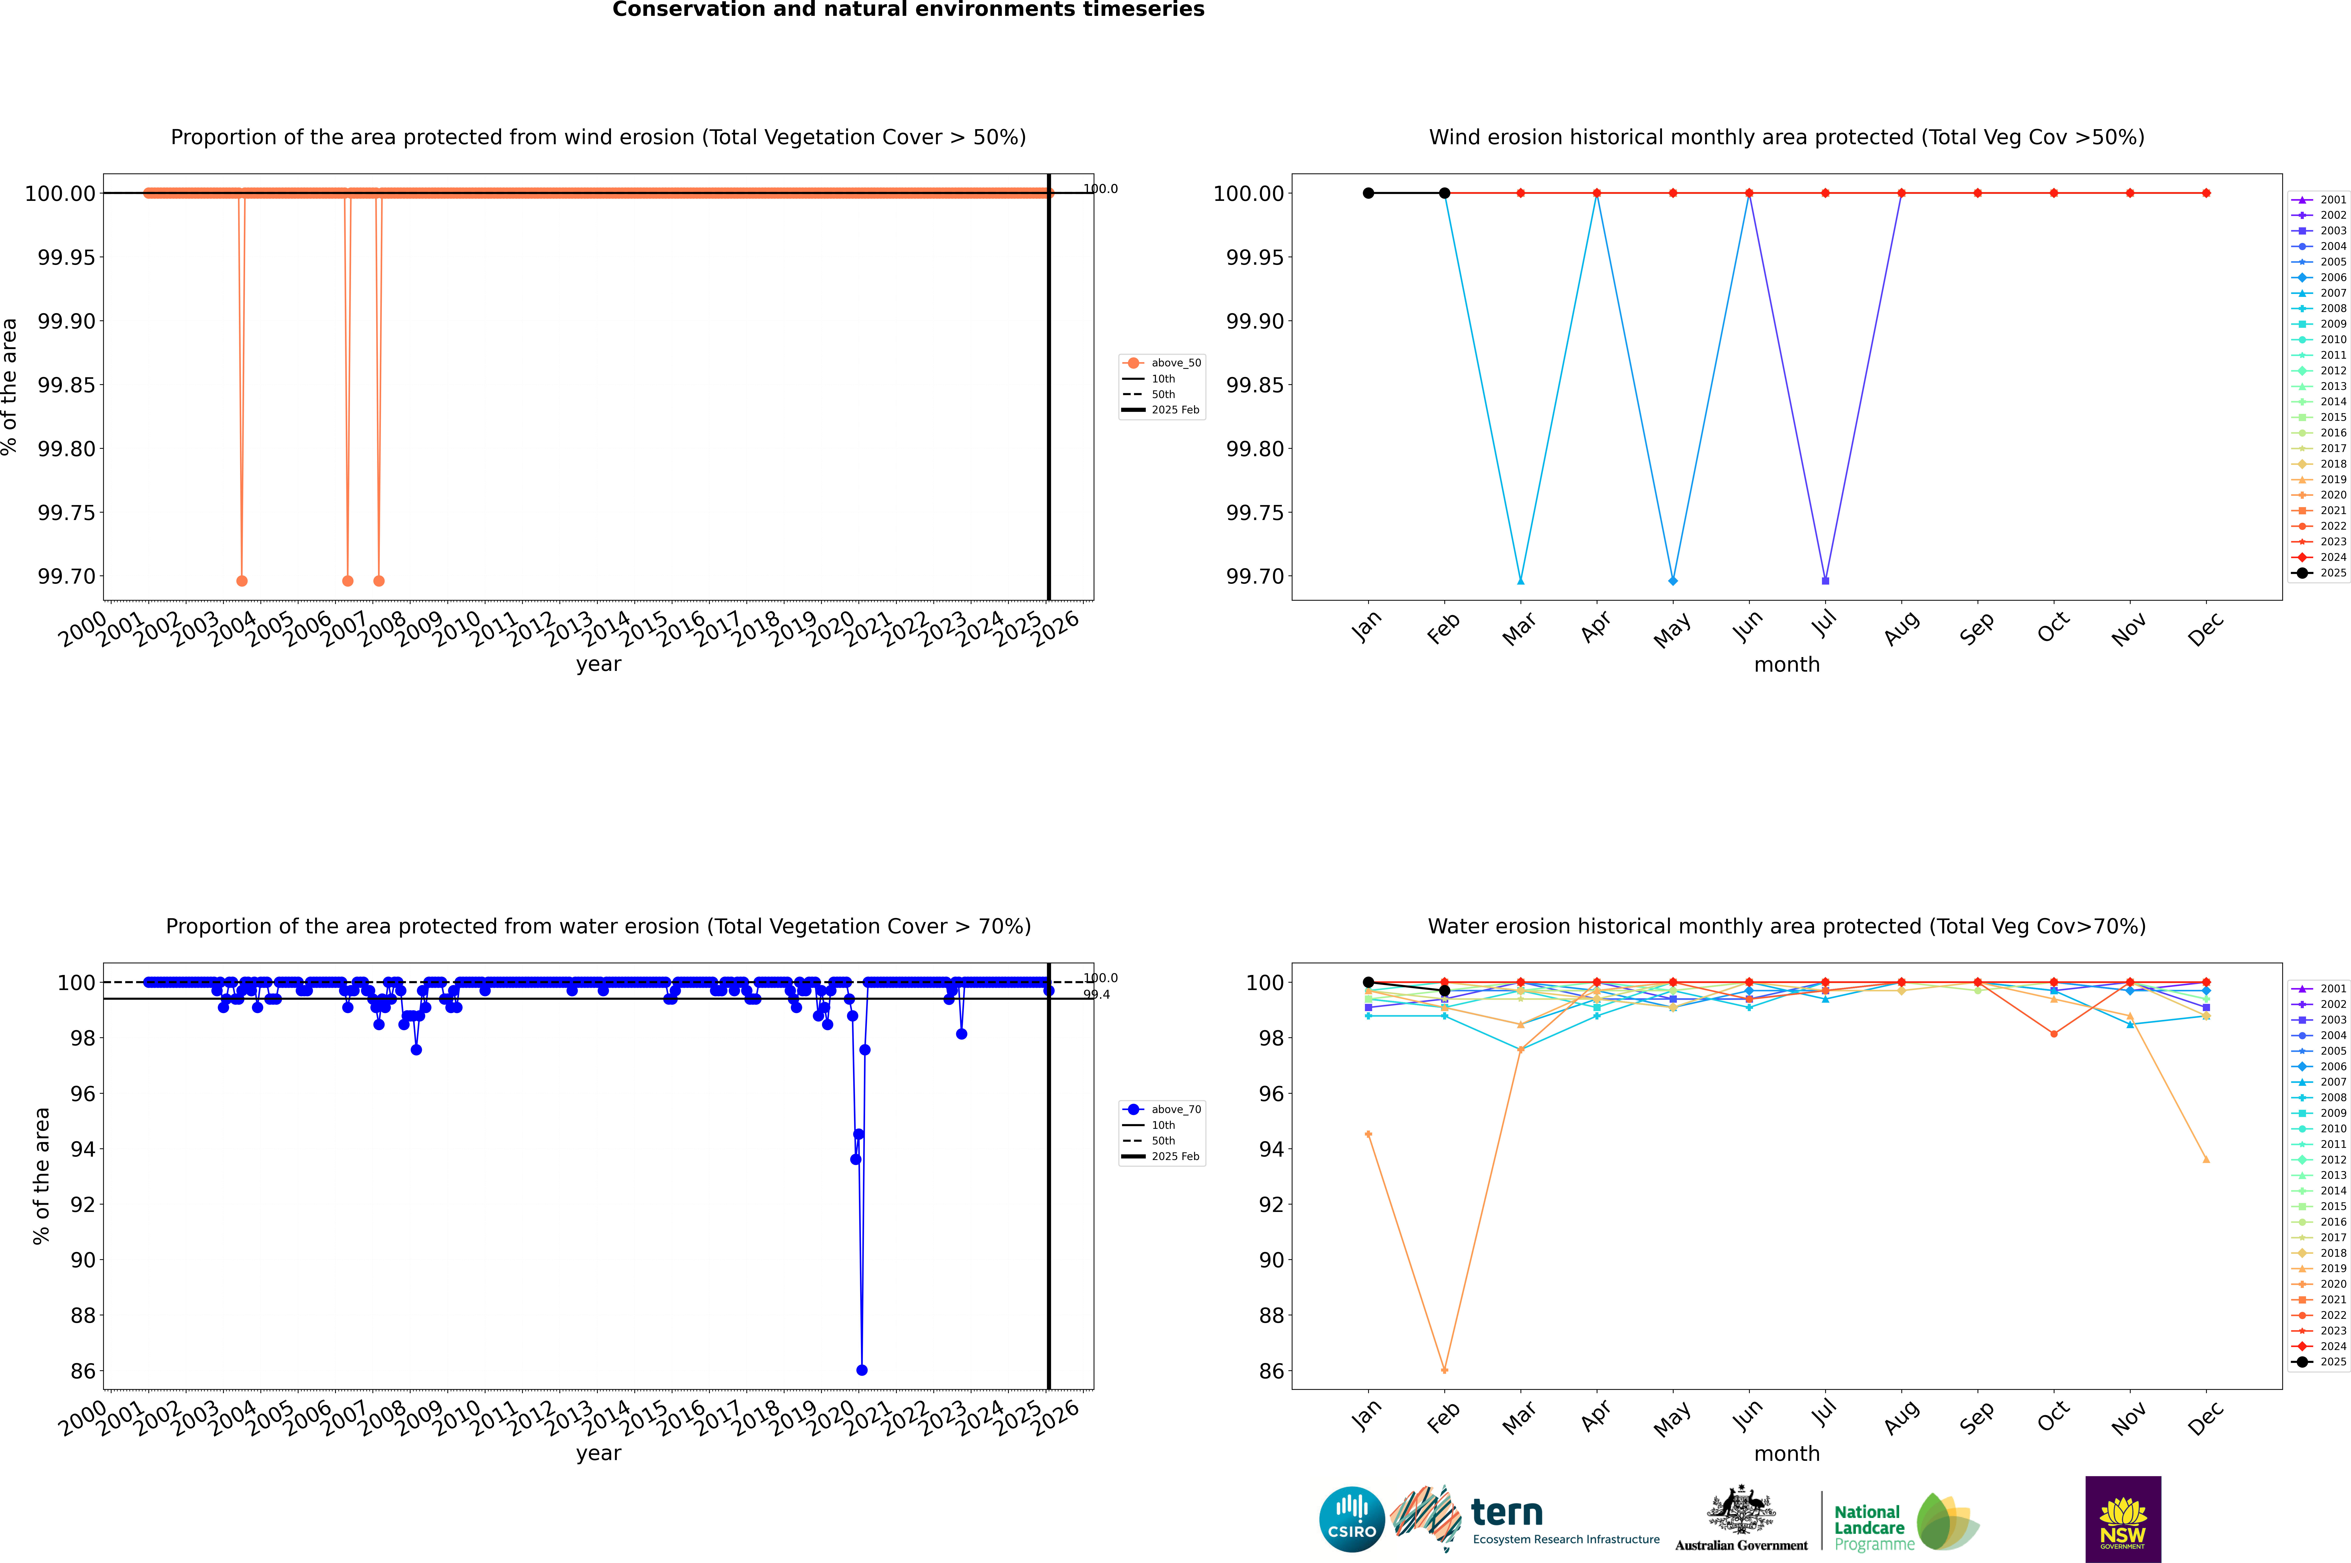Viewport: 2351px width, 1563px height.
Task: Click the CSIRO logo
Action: [x=1351, y=1519]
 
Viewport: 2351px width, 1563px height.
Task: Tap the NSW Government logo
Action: [x=2123, y=1519]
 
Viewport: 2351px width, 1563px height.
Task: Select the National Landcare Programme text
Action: [x=1874, y=1527]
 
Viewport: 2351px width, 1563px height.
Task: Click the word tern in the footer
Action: [x=1507, y=1513]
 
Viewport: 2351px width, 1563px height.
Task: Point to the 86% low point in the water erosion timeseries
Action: [x=862, y=1370]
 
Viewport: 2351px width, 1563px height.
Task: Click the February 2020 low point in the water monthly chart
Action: [x=1444, y=1370]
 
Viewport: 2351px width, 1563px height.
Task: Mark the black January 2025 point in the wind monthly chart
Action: [x=1368, y=193]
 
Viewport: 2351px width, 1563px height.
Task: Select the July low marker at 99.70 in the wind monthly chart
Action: [x=1825, y=580]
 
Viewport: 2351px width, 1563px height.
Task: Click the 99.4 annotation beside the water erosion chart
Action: [x=1096, y=995]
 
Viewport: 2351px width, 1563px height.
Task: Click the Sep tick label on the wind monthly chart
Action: [x=1977, y=628]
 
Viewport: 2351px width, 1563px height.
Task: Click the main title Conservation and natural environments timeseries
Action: [x=908, y=10]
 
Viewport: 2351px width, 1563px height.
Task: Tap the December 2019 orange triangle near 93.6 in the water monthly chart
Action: [x=2206, y=1159]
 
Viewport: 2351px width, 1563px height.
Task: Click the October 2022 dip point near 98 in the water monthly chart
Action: [x=2053, y=1034]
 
